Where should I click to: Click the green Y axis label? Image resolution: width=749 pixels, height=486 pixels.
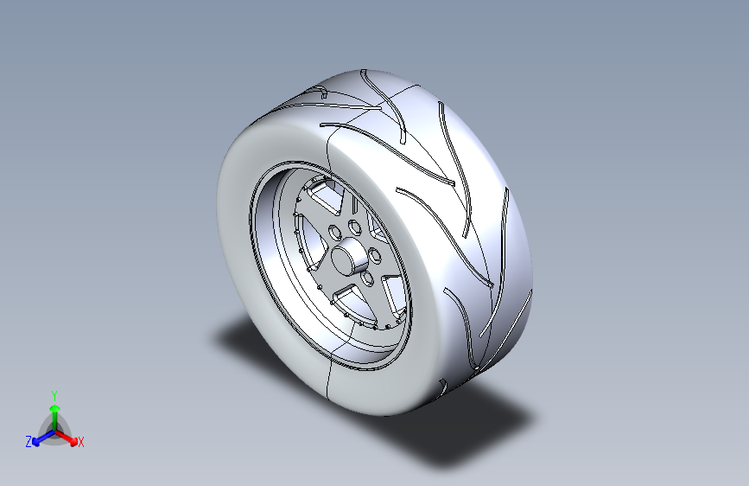point(54,395)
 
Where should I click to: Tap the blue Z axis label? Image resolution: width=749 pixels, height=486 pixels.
point(29,442)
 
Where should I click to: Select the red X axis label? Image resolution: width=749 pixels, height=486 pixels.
point(80,442)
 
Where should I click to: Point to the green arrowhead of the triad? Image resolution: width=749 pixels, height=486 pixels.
point(55,408)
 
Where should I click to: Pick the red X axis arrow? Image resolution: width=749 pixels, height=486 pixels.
point(66,438)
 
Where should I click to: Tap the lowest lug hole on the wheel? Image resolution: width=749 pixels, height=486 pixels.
point(368,278)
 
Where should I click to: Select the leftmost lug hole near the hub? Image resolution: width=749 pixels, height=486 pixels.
point(335,233)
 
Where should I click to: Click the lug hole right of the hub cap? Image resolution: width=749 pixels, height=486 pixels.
point(376,255)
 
